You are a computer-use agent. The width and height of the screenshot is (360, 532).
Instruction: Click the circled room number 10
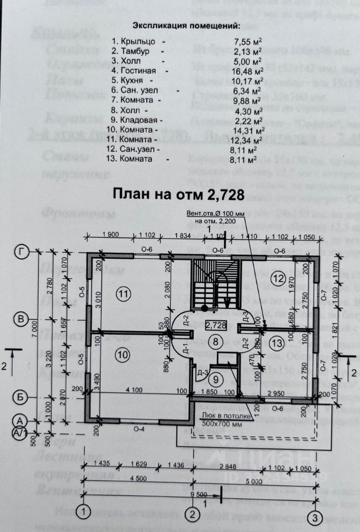(x=124, y=352)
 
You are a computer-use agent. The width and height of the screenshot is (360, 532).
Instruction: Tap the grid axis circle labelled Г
(x=22, y=253)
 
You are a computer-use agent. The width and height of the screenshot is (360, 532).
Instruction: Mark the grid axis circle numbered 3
(x=315, y=518)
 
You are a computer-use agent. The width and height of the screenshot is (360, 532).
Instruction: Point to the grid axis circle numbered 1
(x=84, y=510)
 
